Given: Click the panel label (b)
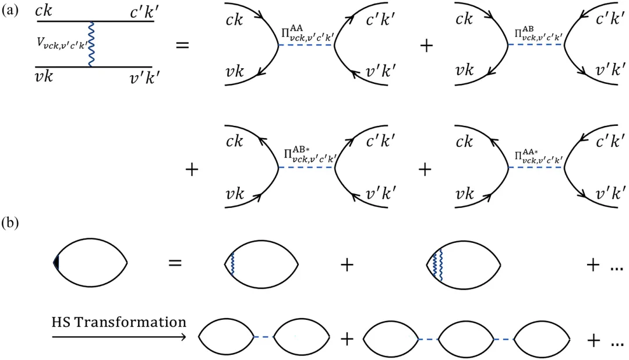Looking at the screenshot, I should (x=11, y=223).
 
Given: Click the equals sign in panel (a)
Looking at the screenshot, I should (x=183, y=44).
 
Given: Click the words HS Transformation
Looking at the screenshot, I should (x=119, y=322).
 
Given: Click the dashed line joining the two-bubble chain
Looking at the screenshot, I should (x=264, y=337).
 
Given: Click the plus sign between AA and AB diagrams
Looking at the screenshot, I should (x=426, y=45).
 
